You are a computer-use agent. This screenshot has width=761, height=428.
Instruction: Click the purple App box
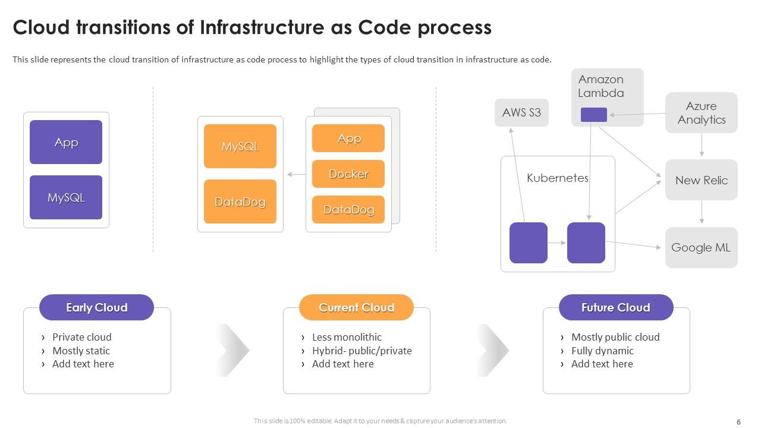[66, 142]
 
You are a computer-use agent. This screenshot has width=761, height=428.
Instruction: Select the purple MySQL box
[66, 197]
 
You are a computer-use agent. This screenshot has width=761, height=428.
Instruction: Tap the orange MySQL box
[240, 146]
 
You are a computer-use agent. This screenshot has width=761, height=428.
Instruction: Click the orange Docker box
[348, 174]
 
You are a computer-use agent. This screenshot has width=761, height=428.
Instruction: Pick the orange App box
[348, 139]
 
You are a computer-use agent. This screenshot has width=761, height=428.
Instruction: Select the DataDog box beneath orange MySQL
[240, 202]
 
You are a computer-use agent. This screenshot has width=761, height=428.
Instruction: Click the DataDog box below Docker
[348, 209]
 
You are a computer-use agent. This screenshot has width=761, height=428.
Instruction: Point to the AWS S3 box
[521, 112]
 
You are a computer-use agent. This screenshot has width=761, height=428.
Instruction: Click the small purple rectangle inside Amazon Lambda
[593, 115]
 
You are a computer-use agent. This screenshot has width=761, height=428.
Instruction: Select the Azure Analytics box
[701, 112]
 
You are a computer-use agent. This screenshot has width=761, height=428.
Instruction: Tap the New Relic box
[701, 180]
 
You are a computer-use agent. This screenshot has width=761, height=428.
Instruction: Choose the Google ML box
[701, 247]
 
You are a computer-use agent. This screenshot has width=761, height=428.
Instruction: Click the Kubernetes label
[557, 178]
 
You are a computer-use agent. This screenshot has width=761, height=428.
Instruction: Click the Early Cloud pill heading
[96, 307]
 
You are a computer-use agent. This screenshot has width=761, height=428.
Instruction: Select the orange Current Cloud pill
[356, 307]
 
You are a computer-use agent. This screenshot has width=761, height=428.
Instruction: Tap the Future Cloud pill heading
[616, 307]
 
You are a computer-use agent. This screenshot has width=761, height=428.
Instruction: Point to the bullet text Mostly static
[81, 351]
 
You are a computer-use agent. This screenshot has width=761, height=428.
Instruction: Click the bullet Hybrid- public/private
[361, 351]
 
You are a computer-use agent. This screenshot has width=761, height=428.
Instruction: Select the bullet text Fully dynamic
[602, 351]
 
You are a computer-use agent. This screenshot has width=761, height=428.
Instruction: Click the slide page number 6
[738, 422]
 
